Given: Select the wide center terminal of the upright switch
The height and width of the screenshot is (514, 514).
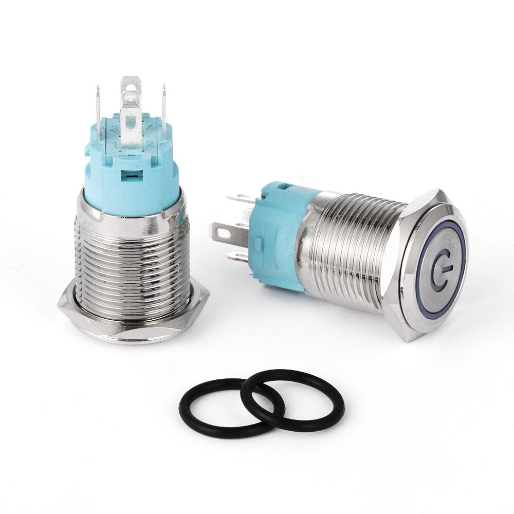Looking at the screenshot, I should click(x=131, y=103).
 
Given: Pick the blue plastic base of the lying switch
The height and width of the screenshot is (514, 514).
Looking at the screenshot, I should click(x=280, y=231).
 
